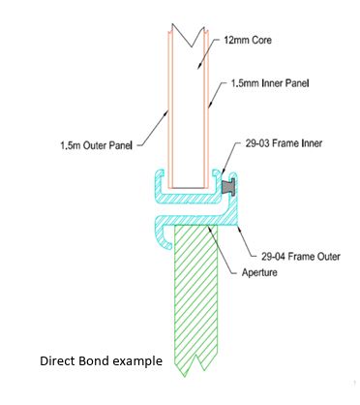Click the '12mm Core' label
click(x=248, y=41)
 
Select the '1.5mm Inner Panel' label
click(x=270, y=83)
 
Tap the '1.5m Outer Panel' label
click(x=97, y=145)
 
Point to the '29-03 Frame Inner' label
click(x=284, y=143)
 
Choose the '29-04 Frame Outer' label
click(x=301, y=257)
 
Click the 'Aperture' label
click(x=259, y=272)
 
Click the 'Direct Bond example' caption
click(x=101, y=360)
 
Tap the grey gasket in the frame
click(x=228, y=187)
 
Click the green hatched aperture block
click(x=195, y=297)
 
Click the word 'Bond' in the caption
click(x=96, y=360)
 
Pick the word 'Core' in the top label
click(x=261, y=41)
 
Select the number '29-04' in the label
click(x=273, y=257)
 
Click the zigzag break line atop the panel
click(x=189, y=36)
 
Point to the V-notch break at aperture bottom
click(x=195, y=366)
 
